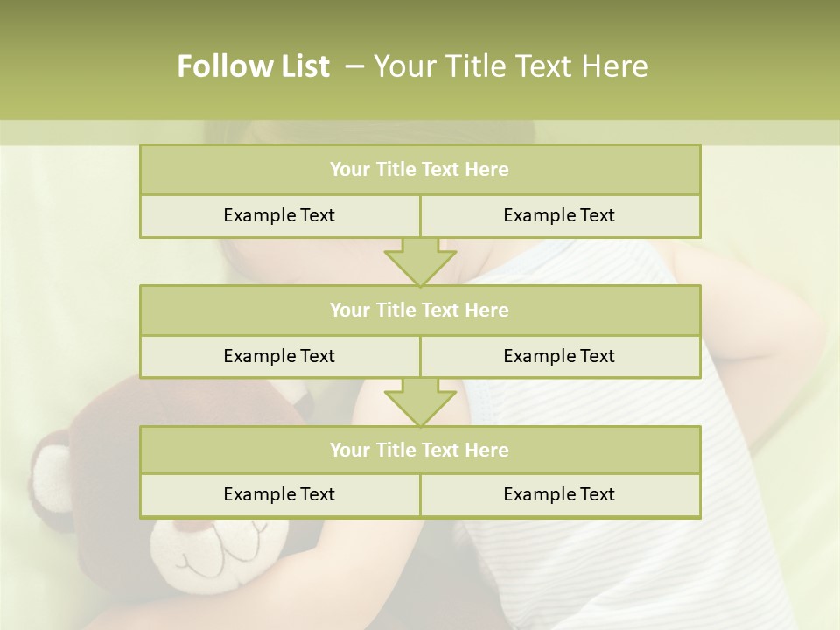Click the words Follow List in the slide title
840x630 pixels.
tap(253, 66)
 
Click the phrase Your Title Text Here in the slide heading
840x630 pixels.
tap(510, 66)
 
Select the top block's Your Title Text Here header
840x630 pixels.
tap(419, 170)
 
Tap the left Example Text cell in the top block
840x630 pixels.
tap(279, 215)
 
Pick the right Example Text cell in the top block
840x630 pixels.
tap(559, 215)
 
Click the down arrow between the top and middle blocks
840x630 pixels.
tap(420, 262)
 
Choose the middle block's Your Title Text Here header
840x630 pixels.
tap(419, 310)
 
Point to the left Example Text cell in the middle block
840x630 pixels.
tap(279, 356)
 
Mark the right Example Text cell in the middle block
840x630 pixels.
tap(559, 356)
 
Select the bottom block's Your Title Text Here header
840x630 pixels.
tap(419, 450)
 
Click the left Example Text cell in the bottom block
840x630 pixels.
tap(279, 494)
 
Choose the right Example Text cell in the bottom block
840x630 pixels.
tap(559, 494)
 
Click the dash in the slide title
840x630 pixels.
tap(354, 66)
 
